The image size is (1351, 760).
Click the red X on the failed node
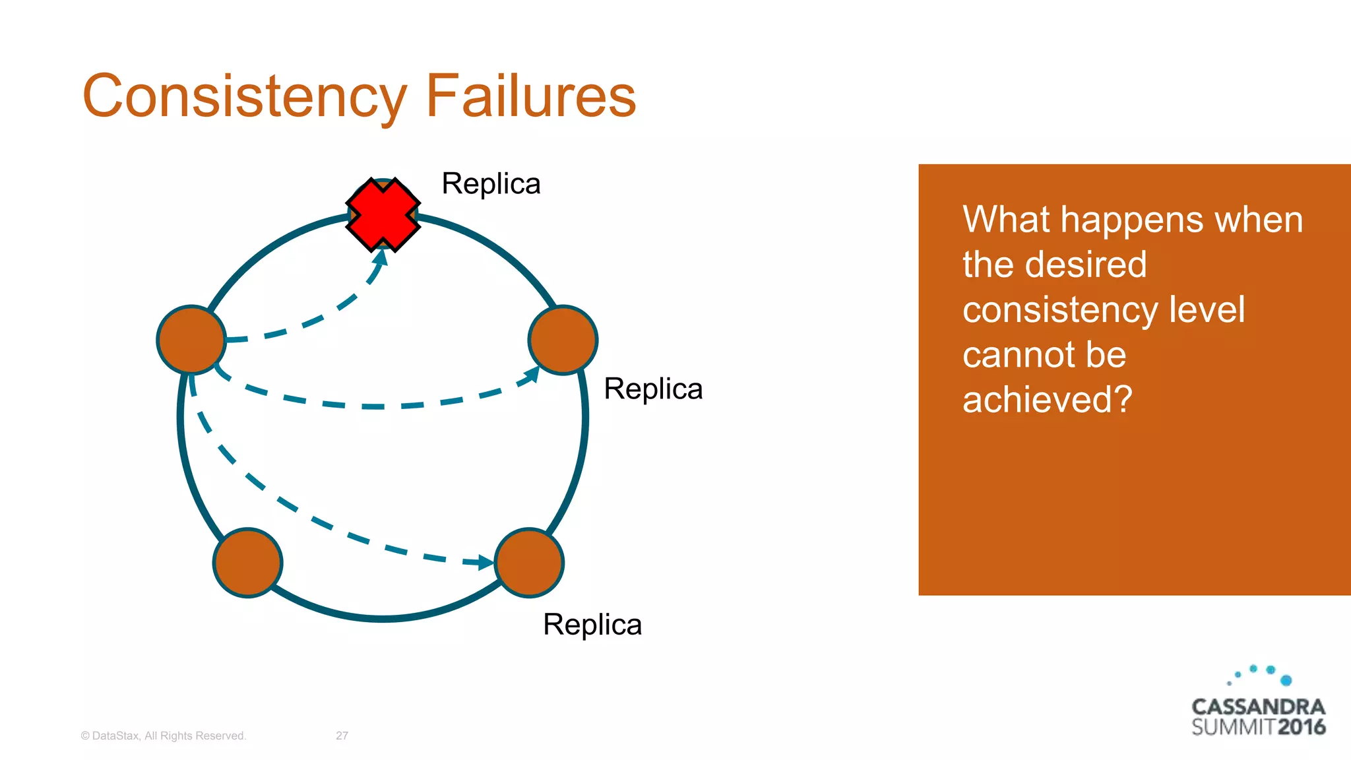pyautogui.click(x=383, y=214)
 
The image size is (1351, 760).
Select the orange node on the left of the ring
pyautogui.click(x=191, y=340)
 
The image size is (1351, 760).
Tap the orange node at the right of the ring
pyautogui.click(x=563, y=340)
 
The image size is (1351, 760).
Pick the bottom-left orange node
pyautogui.click(x=247, y=563)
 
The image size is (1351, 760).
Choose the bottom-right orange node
pyautogui.click(x=529, y=563)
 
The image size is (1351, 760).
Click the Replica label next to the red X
pyautogui.click(x=491, y=184)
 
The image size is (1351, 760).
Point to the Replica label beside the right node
pyautogui.click(x=653, y=389)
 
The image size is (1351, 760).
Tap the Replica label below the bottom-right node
pyautogui.click(x=592, y=625)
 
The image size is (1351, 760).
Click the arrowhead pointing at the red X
pyautogui.click(x=380, y=257)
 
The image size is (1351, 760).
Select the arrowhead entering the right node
pyautogui.click(x=531, y=375)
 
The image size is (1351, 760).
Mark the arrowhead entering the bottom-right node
pyautogui.click(x=486, y=562)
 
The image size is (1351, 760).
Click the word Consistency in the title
pyautogui.click(x=245, y=97)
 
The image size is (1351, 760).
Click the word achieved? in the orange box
pyautogui.click(x=1047, y=400)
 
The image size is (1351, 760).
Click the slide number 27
pyautogui.click(x=342, y=736)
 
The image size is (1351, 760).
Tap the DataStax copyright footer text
pyautogui.click(x=163, y=736)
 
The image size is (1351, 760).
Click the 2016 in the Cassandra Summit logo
pyautogui.click(x=1301, y=727)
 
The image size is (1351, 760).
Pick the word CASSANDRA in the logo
pyautogui.click(x=1258, y=707)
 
